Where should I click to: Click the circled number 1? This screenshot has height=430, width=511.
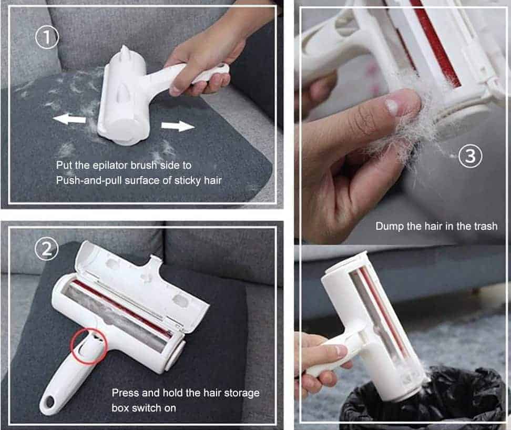pyautogui.click(x=47, y=37)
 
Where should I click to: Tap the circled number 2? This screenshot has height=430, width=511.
pyautogui.click(x=47, y=249)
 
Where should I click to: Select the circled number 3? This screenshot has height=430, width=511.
pyautogui.click(x=471, y=156)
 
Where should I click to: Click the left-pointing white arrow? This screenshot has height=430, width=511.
pyautogui.click(x=69, y=119)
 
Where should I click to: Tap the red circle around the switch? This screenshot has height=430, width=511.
pyautogui.click(x=89, y=345)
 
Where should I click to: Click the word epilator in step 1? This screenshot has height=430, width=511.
pyautogui.click(x=110, y=166)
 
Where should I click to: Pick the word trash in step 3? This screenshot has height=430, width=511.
pyautogui.click(x=485, y=226)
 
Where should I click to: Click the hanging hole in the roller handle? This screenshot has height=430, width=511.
pyautogui.click(x=50, y=403)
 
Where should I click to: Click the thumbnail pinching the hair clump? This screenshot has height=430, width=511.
pyautogui.click(x=391, y=107)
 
